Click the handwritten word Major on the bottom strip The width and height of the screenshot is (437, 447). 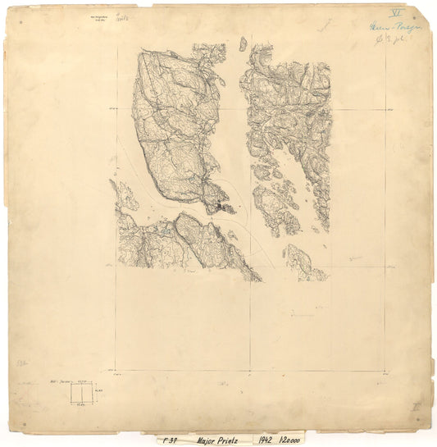point(203,440)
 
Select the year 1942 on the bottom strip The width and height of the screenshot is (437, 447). point(262,440)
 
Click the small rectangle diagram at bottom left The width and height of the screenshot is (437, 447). point(82,393)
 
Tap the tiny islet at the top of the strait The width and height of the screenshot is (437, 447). point(243,43)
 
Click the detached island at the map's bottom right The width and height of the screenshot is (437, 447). point(300,262)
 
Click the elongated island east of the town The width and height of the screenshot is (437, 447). point(275,208)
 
